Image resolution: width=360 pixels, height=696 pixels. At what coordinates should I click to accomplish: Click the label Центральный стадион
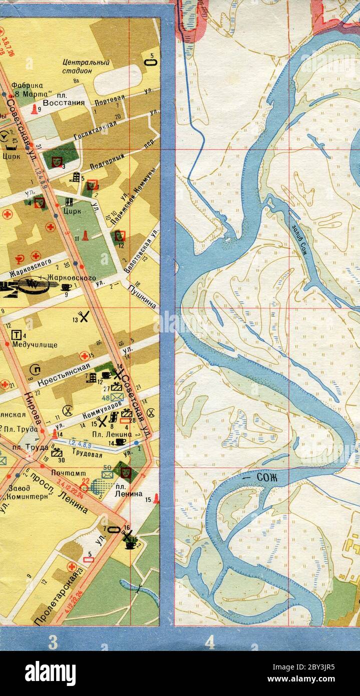click(86, 67)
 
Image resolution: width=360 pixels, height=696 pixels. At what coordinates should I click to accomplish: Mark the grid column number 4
click(210, 642)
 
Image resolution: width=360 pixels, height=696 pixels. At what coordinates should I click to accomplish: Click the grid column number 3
click(52, 642)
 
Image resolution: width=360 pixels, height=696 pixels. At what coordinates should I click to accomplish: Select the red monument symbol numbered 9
click(34, 109)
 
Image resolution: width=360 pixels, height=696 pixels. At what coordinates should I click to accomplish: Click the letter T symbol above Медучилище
click(17, 334)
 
